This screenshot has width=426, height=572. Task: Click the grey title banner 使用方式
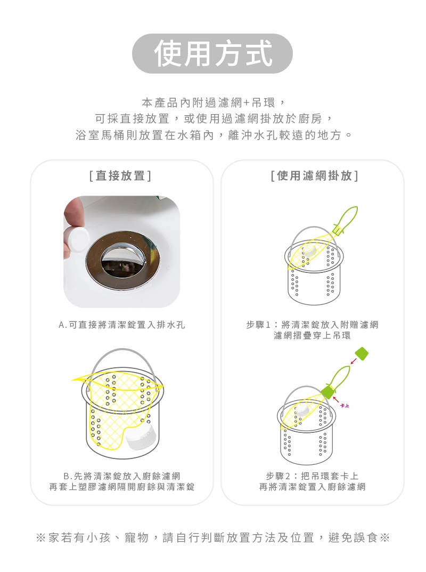pos(212,53)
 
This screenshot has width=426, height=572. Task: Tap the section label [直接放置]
pos(120,176)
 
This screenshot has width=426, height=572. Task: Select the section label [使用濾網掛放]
pos(315,176)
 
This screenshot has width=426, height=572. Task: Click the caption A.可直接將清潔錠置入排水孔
pos(122,325)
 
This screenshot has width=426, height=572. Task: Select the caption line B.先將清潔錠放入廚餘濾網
pos(122,476)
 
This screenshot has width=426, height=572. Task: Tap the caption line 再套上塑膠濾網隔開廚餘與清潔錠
pos(122,487)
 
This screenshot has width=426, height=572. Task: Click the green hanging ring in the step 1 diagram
pos(345,219)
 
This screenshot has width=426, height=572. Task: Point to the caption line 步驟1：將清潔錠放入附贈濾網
pos(312,325)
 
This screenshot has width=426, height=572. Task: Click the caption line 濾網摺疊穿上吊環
pos(312,335)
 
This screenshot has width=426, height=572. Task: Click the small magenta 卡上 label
pos(345,406)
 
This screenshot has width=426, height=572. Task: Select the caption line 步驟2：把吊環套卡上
pos(312,476)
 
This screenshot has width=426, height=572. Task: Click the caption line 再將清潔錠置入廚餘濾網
pos(312,487)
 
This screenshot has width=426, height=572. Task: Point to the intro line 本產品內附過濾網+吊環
pos(213,103)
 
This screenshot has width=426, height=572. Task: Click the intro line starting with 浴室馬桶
pos(214,135)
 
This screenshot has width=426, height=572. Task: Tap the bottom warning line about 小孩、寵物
pos(213,537)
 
